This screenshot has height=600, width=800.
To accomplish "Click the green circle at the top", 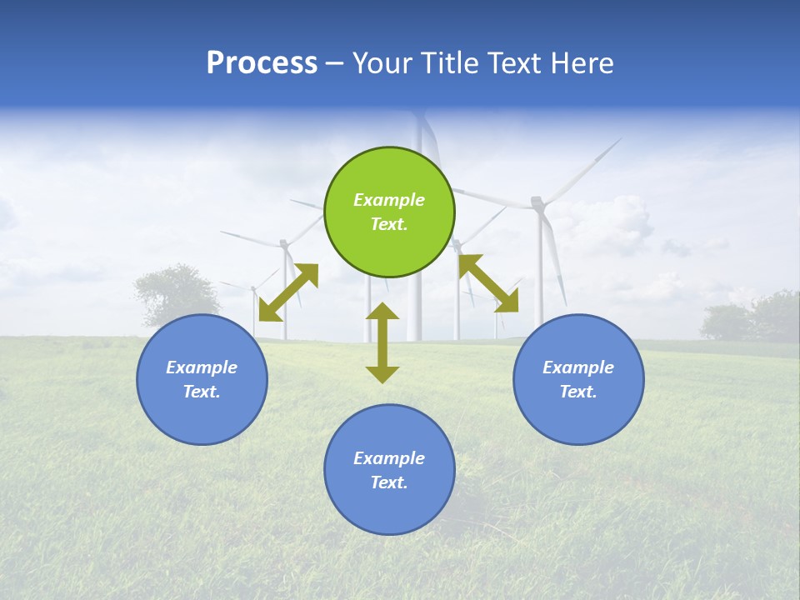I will coord(389,212).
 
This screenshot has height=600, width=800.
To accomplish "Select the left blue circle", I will coord(202,379).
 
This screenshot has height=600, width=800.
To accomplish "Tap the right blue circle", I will coord(578,379).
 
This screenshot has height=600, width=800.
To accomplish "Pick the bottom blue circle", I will coord(389,469).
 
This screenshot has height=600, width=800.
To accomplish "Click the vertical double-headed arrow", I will coord(382,342).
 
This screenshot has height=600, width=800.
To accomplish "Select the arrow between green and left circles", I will coord(288,292).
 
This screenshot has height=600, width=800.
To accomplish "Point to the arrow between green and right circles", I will coord(488,283).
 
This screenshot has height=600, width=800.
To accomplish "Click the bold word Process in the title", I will coord(262,62).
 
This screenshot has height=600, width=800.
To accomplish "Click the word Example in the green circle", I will coord(389,200).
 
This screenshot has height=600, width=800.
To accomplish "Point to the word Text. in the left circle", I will coord(202,392).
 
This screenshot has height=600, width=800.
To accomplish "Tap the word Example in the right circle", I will coord(578,367).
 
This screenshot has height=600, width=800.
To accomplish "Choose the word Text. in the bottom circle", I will coord(389,482).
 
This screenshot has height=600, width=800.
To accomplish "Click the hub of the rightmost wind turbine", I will coord(537,202).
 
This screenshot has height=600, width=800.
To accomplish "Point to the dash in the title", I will coord(335,63).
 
